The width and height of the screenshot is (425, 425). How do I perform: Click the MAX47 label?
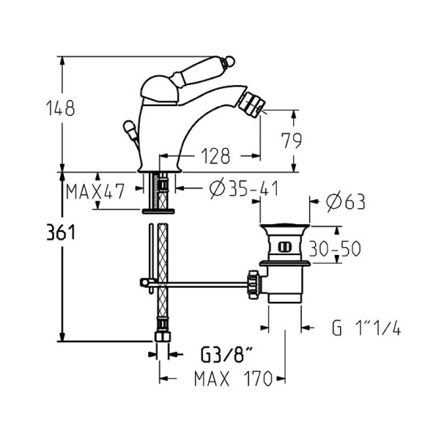pos(93,192)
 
